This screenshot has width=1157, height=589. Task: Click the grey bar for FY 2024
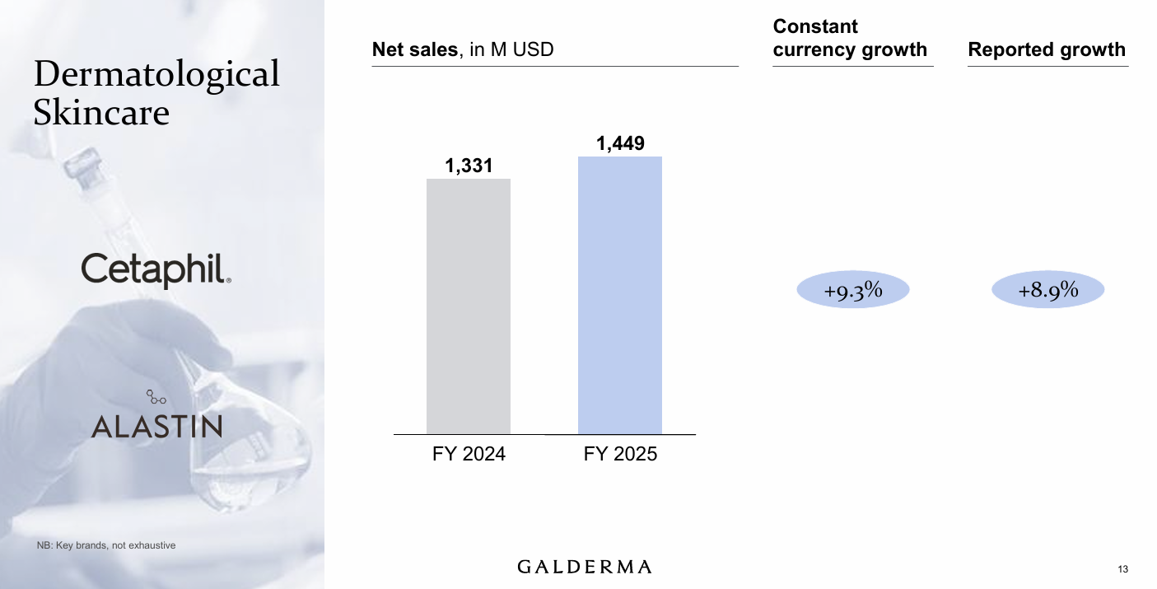pos(468,306)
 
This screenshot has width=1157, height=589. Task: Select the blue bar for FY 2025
pos(619,295)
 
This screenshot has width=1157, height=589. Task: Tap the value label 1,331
pos(469,166)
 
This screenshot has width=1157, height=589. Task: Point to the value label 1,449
pos(620,144)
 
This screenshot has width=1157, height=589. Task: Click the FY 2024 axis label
pos(469,454)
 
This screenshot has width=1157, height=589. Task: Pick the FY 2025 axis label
pos(620,454)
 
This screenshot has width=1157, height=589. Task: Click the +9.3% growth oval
pos(853,290)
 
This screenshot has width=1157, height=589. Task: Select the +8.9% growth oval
pos(1047,290)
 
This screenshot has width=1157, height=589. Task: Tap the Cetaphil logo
pos(156,270)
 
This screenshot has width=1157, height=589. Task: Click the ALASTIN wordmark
pos(156,426)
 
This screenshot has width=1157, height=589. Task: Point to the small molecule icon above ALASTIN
pos(156,397)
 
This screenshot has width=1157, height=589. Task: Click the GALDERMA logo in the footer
pos(585,567)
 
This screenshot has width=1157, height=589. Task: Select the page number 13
pos(1123,570)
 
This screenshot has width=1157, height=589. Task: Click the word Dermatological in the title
pos(156,74)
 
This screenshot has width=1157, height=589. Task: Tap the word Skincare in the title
pos(101,112)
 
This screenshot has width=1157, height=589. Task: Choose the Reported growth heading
pos(1047,49)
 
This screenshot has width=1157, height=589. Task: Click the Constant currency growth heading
pos(850,39)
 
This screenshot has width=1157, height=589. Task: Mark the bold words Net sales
pos(414,49)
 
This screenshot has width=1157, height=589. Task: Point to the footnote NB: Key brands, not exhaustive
pos(106,545)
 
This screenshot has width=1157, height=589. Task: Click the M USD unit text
pos(522,49)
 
